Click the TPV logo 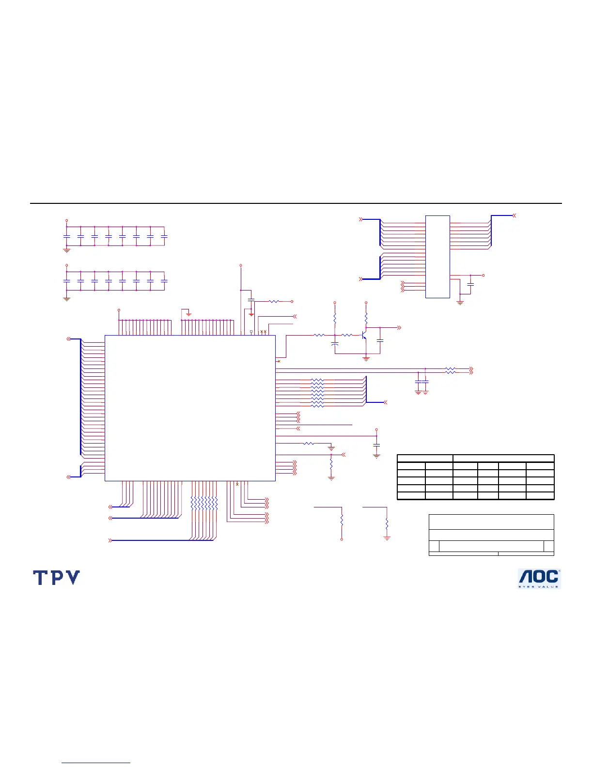pos(56,577)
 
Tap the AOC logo pos(539,578)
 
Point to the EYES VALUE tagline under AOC pos(539,587)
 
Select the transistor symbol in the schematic pos(364,335)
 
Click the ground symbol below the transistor pos(366,359)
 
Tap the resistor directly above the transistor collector pos(366,318)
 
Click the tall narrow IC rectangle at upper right pos(437,257)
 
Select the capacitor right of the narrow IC pos(470,284)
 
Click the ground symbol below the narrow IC pos(460,303)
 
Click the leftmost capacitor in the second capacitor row pos(67,281)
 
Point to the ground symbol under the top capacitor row pos(67,250)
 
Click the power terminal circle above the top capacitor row pos(67,220)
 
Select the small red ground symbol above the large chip pos(189,314)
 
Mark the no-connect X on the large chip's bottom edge pos(237,484)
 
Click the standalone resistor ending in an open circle pos(342,521)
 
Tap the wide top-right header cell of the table pos(503,458)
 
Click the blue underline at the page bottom pos(96,763)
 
